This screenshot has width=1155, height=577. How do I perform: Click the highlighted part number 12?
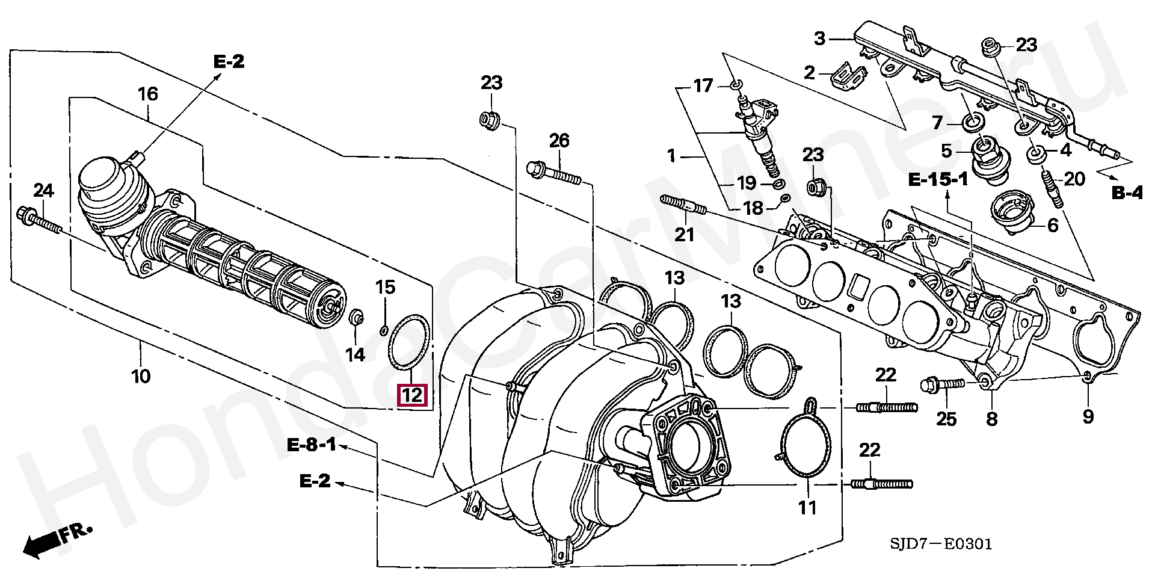(x=413, y=396)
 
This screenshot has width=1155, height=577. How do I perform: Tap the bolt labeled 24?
(x=40, y=221)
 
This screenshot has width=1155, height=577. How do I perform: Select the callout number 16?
(x=147, y=94)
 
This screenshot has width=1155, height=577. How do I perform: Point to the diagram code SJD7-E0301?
(x=941, y=545)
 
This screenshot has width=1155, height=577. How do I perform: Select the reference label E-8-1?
(x=311, y=446)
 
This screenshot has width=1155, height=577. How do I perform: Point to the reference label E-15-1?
(x=938, y=179)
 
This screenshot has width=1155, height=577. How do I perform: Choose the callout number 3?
(x=819, y=39)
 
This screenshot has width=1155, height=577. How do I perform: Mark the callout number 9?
(x=1088, y=416)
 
